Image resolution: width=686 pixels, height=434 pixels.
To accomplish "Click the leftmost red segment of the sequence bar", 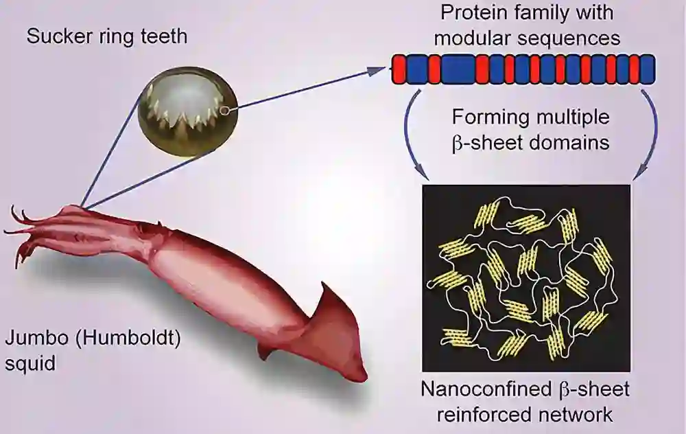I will click(399, 69).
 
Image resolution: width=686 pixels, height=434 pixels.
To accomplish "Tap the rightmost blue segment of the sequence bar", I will click(646, 69).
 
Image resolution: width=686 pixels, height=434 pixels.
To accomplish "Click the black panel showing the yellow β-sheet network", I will click(525, 277).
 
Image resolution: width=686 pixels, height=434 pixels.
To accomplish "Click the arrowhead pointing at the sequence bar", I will click(381, 69).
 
